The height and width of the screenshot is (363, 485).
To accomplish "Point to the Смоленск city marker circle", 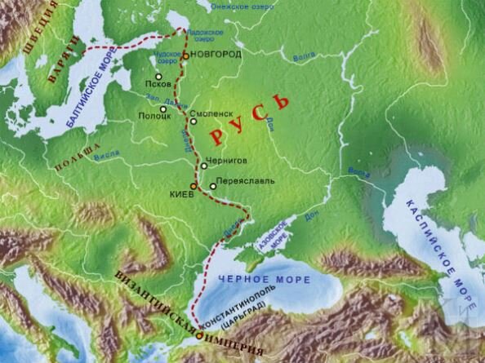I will (194, 122).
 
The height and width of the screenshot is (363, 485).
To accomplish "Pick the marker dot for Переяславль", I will (213, 186).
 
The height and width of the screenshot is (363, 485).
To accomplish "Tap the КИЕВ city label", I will (180, 196).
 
